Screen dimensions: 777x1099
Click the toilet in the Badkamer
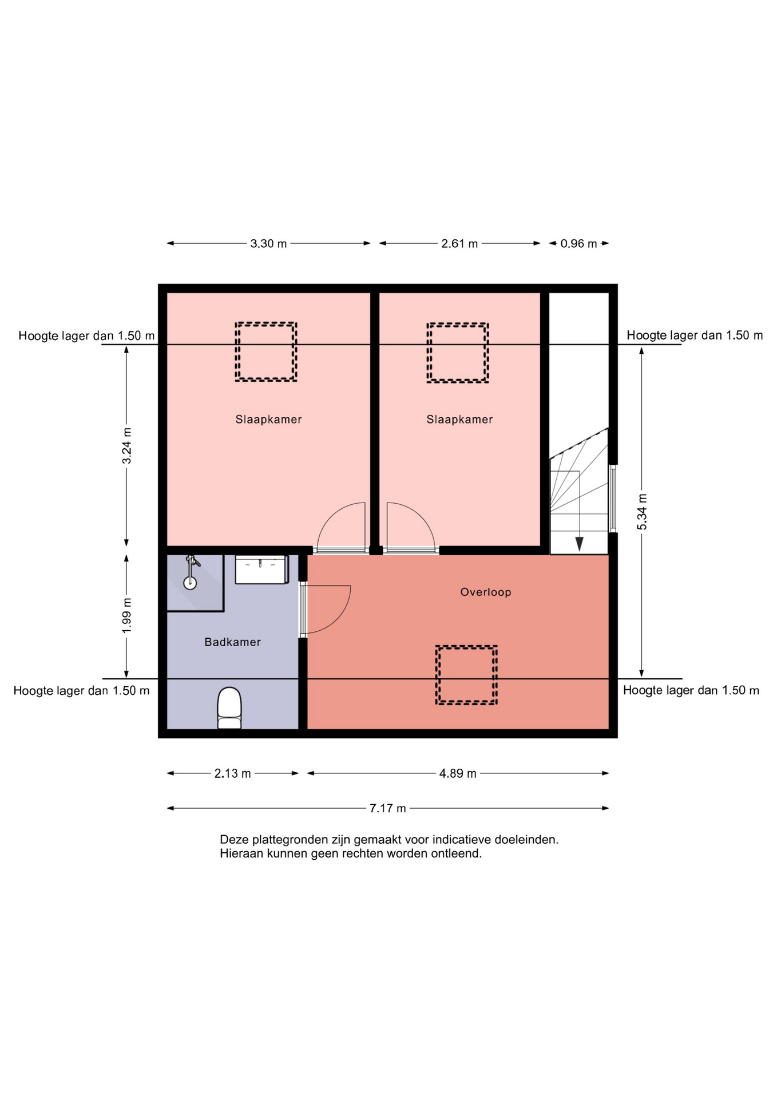tap(229, 707)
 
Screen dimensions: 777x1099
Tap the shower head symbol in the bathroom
tap(191, 572)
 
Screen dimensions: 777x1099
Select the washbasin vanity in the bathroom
tap(262, 570)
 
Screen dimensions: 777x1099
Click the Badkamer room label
tap(232, 642)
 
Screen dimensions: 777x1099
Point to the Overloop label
tap(486, 592)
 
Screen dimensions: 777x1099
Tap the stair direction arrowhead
tap(580, 544)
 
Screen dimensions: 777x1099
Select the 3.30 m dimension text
tap(268, 243)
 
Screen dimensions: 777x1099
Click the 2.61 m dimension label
tap(459, 243)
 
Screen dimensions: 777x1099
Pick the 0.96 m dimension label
tap(578, 243)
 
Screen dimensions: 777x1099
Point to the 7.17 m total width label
tap(387, 808)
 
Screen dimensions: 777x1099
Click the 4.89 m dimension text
tap(458, 773)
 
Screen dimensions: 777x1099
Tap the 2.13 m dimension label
tap(232, 773)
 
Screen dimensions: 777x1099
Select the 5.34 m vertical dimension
tap(642, 511)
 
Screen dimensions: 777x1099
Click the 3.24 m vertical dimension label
tap(126, 445)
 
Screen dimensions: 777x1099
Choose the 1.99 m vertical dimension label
tap(126, 615)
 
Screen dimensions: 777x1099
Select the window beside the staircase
tap(613, 499)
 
